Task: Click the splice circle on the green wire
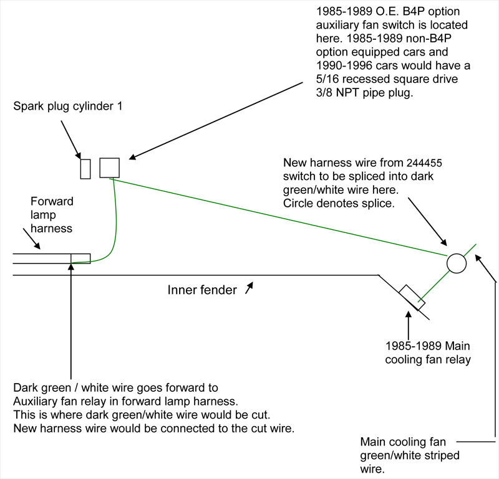coord(457,263)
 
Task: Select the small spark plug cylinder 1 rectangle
coord(85,169)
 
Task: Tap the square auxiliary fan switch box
coord(109,168)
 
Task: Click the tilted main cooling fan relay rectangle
coord(412,297)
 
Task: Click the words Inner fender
coord(201,290)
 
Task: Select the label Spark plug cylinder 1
coord(68,107)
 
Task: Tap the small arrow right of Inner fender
coord(249,287)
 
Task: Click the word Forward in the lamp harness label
coord(52,202)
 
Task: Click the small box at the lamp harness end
coord(80,258)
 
